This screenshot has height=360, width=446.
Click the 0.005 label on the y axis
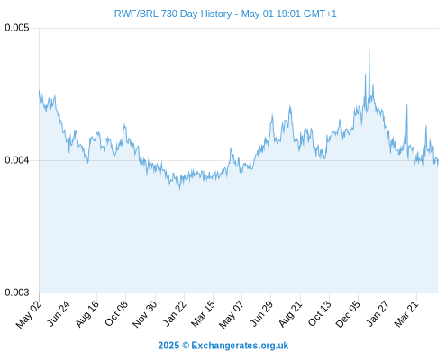(17, 28)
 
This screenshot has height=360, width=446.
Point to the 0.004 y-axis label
(17, 160)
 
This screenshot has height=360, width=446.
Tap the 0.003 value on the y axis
(17, 292)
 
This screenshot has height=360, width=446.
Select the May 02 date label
(28, 314)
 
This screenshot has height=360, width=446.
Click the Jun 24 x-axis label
(59, 313)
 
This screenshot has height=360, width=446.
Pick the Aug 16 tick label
(86, 313)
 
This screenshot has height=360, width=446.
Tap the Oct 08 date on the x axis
(116, 313)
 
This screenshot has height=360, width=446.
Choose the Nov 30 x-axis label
(144, 314)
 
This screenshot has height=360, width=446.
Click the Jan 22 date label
(174, 313)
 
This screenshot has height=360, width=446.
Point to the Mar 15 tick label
(203, 313)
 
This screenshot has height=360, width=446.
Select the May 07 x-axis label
(231, 314)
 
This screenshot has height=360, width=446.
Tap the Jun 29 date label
(261, 313)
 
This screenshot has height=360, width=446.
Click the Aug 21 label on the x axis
(290, 313)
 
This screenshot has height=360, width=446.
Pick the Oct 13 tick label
(320, 313)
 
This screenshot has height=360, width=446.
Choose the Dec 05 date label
(348, 314)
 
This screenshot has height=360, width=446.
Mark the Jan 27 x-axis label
(378, 313)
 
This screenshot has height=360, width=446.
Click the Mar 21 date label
(406, 313)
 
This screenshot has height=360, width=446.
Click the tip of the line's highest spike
(369, 50)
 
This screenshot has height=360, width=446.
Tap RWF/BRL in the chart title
(136, 13)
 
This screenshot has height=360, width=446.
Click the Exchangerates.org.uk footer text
(240, 346)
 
